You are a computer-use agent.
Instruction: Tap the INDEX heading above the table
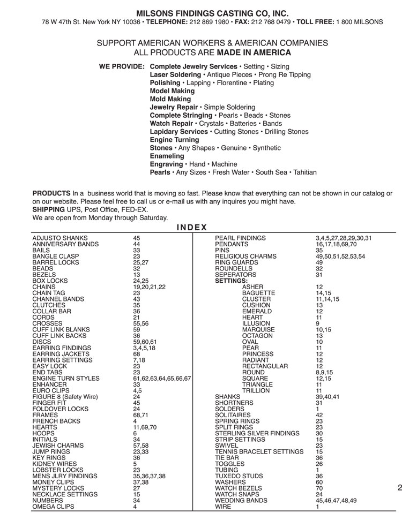191,227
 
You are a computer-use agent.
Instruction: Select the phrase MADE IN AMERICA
254,52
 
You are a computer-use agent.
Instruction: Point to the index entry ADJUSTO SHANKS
60,238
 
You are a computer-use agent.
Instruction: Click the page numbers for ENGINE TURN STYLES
162,378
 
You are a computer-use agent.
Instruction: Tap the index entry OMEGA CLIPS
54,507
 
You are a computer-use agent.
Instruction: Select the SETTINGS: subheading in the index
231,281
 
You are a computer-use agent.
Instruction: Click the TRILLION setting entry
256,390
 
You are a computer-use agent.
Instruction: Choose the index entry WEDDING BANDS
241,500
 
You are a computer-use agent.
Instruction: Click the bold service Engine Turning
174,140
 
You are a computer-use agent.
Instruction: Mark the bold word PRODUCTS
51,193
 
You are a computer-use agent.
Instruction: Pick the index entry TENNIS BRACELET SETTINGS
259,451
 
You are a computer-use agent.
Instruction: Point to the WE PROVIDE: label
121,66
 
